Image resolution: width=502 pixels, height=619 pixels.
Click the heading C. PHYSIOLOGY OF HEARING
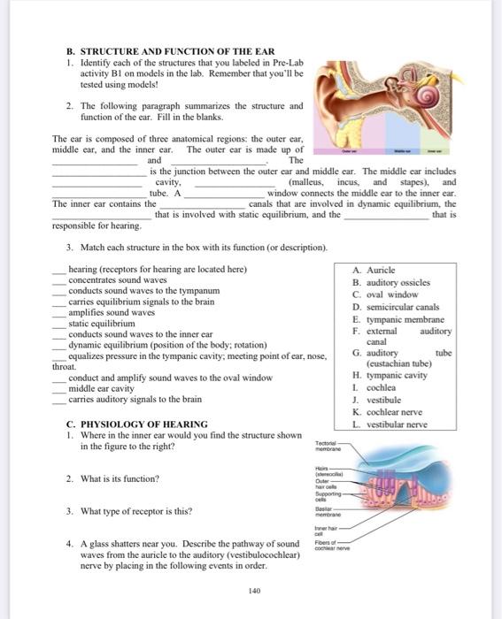click(x=137, y=424)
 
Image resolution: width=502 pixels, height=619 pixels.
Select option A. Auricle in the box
click(x=374, y=270)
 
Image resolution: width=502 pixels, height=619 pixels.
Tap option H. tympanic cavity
click(x=390, y=374)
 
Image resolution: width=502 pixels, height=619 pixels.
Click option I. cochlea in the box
click(x=375, y=386)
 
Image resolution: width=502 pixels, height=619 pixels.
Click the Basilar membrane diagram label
click(x=329, y=511)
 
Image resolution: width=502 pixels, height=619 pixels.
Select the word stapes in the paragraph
click(x=406, y=181)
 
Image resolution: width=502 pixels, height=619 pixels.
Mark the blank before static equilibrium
click(x=60, y=324)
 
